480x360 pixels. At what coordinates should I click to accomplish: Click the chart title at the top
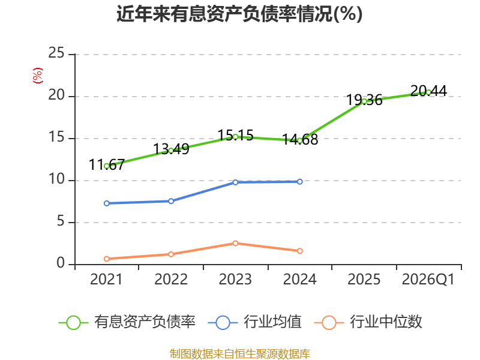[x=239, y=14]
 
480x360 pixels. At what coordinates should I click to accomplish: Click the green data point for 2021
[x=107, y=166]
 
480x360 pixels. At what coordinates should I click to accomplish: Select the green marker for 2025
[x=364, y=101]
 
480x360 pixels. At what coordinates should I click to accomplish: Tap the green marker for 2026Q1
[x=428, y=92]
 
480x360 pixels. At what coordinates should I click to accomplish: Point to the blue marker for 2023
[x=235, y=182]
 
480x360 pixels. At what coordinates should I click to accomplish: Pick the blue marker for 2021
[x=107, y=203]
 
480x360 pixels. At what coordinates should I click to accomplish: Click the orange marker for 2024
[x=299, y=251]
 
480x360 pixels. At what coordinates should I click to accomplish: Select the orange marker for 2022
[x=171, y=254]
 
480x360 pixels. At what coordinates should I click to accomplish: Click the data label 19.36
[x=364, y=100]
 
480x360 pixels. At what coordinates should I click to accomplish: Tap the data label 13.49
[x=171, y=149]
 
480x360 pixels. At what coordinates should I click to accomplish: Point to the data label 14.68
[x=300, y=140]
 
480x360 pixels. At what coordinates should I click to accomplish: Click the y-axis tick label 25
[x=56, y=53]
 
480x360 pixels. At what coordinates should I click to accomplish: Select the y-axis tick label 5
[x=61, y=221]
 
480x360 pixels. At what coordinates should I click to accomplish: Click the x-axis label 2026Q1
[x=428, y=280]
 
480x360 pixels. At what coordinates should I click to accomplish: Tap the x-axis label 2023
[x=235, y=280]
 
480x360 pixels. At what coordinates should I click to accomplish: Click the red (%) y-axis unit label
[x=38, y=76]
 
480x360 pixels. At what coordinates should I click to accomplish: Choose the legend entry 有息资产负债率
[x=127, y=322]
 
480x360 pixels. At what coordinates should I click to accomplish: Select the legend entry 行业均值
[x=254, y=322]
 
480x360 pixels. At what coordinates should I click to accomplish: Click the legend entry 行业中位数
[x=368, y=322]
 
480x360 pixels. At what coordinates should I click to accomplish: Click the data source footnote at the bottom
[x=240, y=354]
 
